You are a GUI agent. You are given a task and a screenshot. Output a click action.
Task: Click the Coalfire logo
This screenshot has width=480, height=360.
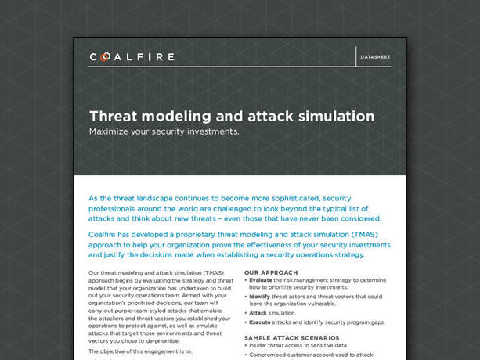[x=132, y=57]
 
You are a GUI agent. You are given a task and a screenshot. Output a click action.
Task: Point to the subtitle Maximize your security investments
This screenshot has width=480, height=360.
[x=164, y=131]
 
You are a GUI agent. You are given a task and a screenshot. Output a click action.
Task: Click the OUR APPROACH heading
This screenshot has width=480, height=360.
[x=271, y=272]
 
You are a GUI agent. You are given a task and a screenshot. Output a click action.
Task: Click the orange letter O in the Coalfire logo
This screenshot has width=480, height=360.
[x=104, y=57]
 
